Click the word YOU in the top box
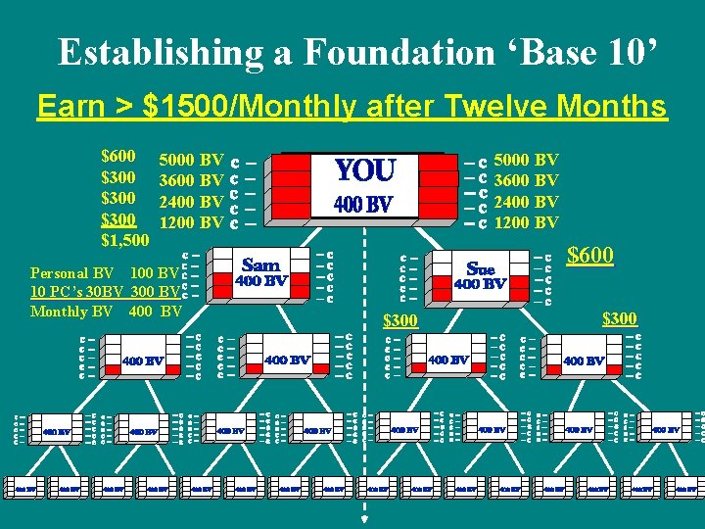coord(364,171)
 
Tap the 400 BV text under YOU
coord(363,205)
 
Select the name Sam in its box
coord(260,264)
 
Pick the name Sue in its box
coord(481,267)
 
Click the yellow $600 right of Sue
coord(590,257)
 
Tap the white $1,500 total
coord(125,240)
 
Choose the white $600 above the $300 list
coord(118,157)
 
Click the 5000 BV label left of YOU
coord(191,159)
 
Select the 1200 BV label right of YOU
coord(527,222)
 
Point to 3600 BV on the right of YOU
coord(527,180)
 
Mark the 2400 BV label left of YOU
coord(191,202)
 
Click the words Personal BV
coord(73,272)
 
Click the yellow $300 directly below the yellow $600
coord(619,318)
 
